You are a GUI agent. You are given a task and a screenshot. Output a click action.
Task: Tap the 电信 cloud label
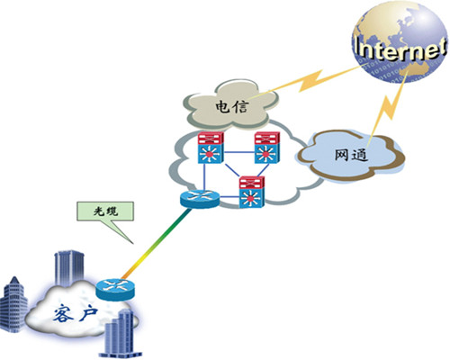click(x=232, y=106)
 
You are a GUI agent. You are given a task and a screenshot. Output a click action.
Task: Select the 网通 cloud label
click(x=351, y=155)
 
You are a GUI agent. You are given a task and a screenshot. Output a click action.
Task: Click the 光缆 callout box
click(x=105, y=211)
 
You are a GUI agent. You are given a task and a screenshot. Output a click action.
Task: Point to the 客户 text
click(x=76, y=314)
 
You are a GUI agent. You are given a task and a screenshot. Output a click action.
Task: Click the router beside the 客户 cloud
click(x=115, y=289)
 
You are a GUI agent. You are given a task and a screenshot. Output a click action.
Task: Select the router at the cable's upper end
click(x=200, y=198)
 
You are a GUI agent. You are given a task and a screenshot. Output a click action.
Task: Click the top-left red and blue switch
click(x=211, y=148)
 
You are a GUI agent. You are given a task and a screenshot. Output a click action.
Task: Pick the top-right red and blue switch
click(x=266, y=148)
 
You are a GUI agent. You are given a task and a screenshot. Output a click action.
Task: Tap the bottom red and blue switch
click(x=252, y=192)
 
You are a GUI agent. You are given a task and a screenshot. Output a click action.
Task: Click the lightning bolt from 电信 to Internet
click(x=312, y=80)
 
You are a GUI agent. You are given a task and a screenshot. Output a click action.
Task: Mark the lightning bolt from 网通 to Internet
click(x=389, y=105)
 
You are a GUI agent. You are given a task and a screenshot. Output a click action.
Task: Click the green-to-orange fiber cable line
click(x=156, y=244)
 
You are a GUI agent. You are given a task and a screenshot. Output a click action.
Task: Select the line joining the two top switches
click(x=238, y=152)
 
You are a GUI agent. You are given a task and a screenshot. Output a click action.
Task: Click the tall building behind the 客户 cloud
click(x=69, y=268)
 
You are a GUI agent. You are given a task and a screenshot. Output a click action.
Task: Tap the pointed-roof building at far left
click(x=14, y=304)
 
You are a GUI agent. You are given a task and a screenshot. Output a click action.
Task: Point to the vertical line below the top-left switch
click(x=205, y=176)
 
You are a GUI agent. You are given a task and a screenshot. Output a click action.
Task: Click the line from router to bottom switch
click(x=229, y=197)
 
